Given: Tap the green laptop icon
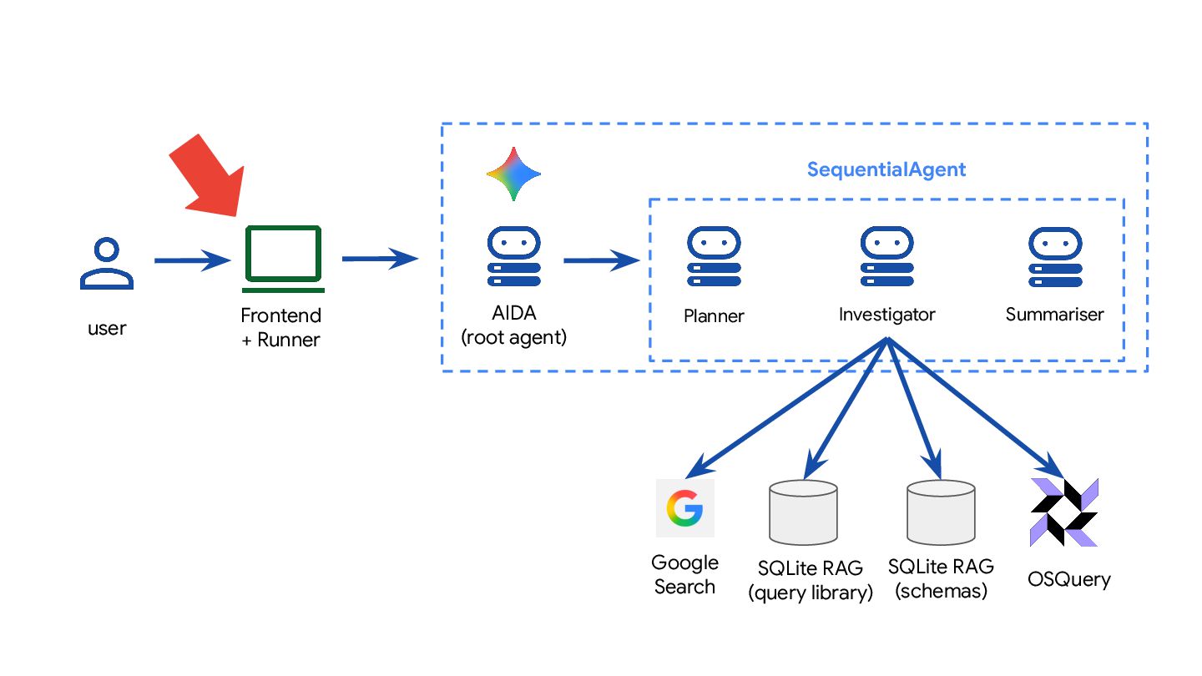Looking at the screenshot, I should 283,259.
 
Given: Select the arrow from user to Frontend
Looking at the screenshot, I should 192,261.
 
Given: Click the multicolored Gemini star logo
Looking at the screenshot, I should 513,174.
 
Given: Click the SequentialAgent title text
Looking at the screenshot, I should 886,170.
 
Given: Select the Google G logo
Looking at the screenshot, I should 684,507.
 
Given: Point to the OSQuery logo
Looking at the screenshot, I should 1064,512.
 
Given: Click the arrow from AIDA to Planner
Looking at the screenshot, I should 601,261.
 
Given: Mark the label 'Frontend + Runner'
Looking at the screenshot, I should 280,328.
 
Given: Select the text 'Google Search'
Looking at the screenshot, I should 684,574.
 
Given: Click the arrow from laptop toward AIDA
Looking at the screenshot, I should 380,259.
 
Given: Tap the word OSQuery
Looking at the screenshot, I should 1069,579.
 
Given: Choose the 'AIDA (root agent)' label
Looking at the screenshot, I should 513,326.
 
